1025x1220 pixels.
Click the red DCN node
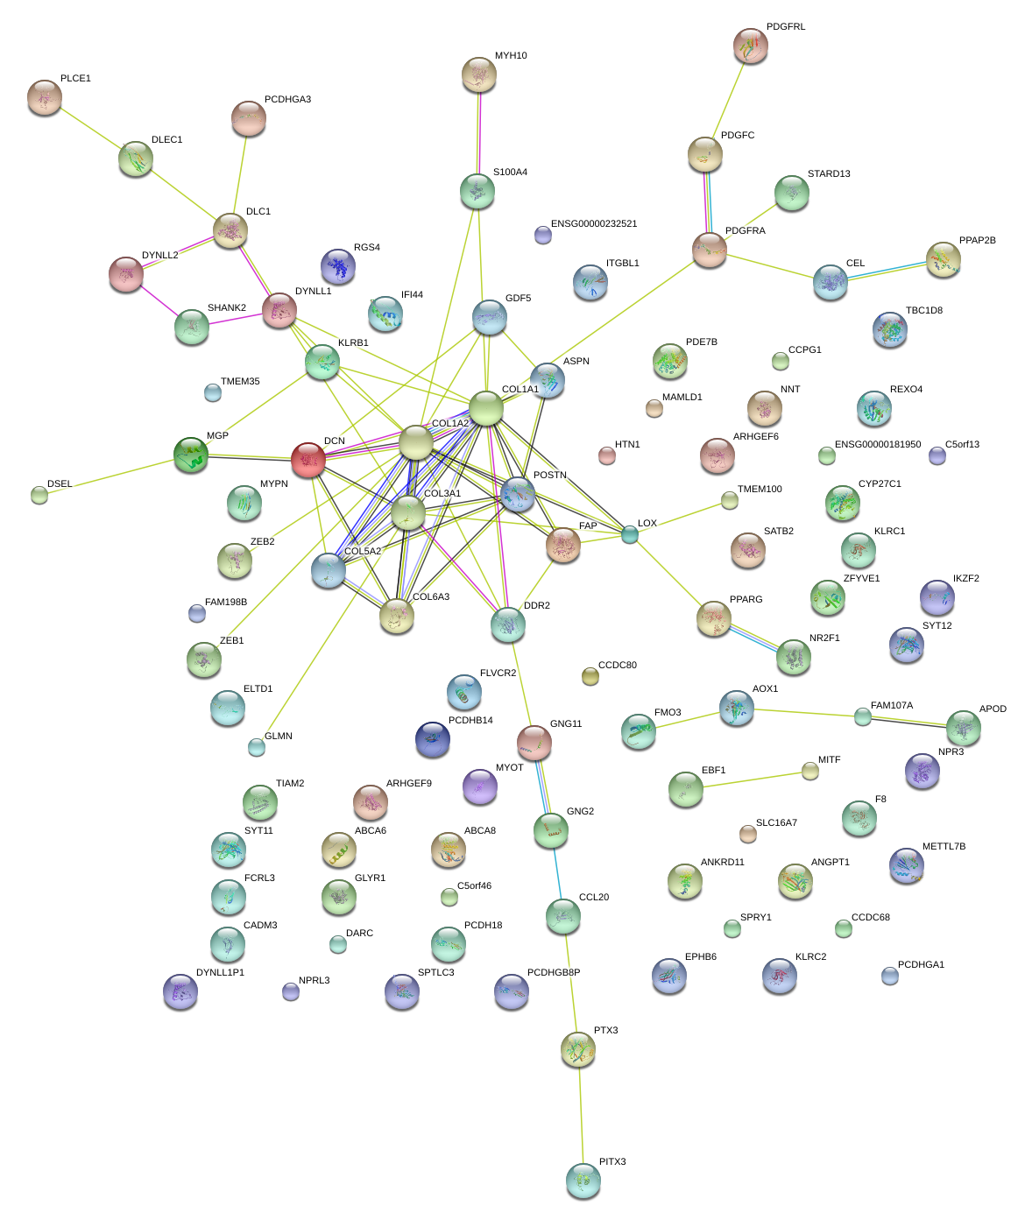[x=307, y=459]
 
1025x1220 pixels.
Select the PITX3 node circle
[x=583, y=1180]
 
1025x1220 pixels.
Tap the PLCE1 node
[x=44, y=97]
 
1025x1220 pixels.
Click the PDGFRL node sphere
[x=750, y=46]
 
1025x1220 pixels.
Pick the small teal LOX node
[x=630, y=534]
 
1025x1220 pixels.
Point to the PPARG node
[x=713, y=617]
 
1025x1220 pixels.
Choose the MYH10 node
[x=478, y=75]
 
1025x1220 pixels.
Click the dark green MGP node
[x=191, y=454]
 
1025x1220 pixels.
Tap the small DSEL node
[x=39, y=495]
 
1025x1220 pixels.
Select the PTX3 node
[x=577, y=1048]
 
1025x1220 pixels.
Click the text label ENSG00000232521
[x=594, y=224]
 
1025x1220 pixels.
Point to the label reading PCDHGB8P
[x=554, y=973]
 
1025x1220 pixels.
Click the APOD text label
[x=993, y=709]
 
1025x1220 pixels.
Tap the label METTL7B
[x=944, y=847]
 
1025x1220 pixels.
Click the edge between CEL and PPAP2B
[x=887, y=271]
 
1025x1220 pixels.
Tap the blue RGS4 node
[x=338, y=266]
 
